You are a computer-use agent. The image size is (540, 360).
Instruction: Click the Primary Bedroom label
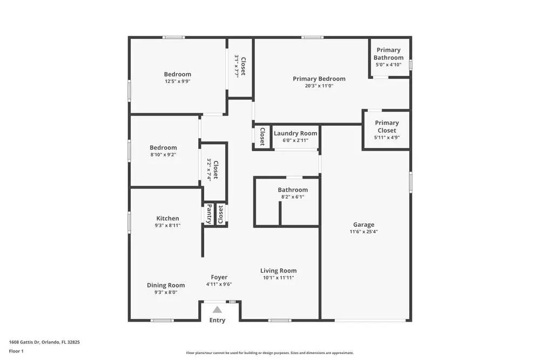click(319, 79)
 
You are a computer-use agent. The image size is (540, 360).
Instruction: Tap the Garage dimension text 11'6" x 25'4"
click(363, 232)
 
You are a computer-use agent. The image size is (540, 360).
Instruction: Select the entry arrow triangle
click(217, 310)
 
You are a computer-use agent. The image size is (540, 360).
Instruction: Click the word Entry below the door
click(217, 321)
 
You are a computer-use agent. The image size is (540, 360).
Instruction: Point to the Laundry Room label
click(295, 133)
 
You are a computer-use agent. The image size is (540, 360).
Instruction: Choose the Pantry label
click(209, 214)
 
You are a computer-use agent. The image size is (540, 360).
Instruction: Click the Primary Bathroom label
click(388, 54)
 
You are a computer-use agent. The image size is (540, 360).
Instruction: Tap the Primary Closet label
click(387, 126)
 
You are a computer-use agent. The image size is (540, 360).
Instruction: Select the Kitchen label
click(167, 219)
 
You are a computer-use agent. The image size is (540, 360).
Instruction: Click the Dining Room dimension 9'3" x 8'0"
click(166, 293)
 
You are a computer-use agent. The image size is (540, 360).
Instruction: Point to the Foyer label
click(219, 277)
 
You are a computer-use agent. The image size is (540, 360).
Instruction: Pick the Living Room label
click(278, 271)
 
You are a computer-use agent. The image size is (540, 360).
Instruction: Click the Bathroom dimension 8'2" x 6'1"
click(293, 197)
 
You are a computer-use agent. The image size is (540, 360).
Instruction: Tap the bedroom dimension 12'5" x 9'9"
click(178, 81)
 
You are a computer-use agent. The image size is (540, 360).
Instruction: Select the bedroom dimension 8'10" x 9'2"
click(163, 154)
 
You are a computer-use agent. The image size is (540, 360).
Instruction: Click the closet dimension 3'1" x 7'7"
click(237, 66)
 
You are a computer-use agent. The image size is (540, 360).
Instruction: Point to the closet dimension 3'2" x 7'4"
click(209, 169)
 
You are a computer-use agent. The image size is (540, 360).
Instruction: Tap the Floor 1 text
click(16, 351)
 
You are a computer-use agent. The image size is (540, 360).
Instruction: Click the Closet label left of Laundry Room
click(262, 137)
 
